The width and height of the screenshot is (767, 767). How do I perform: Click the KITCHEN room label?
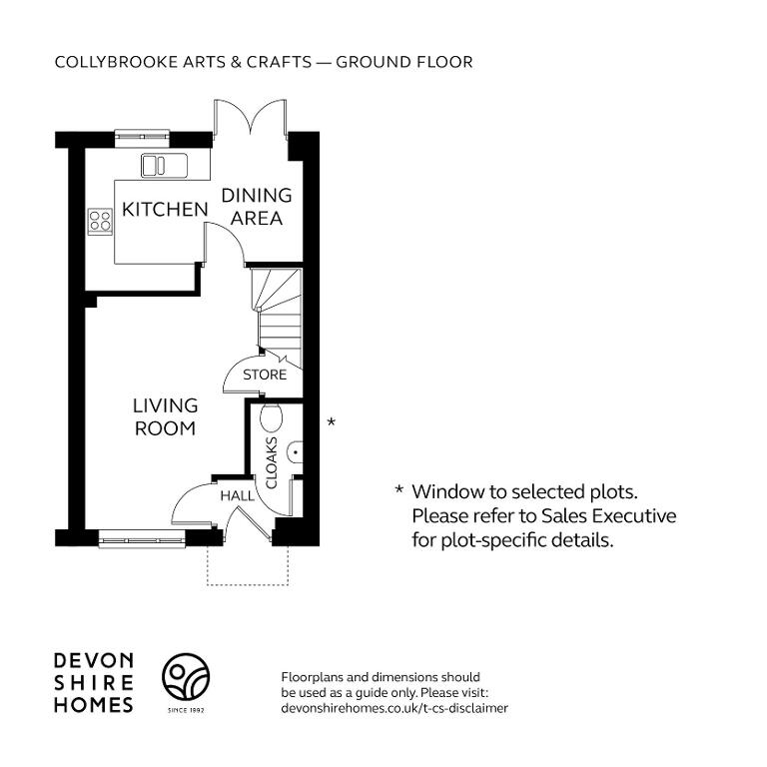(165, 210)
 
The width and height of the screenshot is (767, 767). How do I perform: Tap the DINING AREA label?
(257, 207)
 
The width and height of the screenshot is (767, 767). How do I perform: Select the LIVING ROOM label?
(166, 416)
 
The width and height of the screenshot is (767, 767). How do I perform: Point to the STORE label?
(265, 375)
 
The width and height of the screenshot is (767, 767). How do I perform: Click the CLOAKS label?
(271, 462)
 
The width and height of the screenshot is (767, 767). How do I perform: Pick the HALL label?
(238, 496)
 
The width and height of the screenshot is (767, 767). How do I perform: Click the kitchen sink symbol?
(165, 165)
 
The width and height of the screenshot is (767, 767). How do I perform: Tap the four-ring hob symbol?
(100, 221)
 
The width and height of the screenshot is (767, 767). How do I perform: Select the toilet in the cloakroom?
(271, 418)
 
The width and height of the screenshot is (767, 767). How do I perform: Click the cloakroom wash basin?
(295, 452)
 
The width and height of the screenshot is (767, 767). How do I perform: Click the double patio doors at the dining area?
(250, 118)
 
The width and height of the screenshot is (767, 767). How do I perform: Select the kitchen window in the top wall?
(142, 138)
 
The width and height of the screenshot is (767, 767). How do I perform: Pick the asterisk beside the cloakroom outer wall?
(332, 421)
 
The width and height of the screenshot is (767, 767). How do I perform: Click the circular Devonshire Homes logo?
(186, 676)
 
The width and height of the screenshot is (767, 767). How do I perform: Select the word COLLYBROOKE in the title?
(117, 62)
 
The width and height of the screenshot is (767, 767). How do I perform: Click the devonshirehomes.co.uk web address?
(394, 708)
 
